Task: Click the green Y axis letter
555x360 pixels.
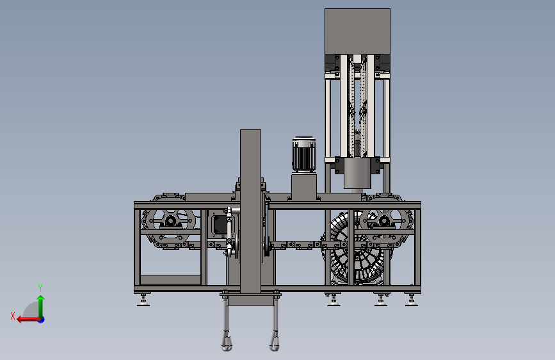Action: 40,288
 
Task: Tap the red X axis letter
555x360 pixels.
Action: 13,316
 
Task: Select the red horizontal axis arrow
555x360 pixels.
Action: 28,320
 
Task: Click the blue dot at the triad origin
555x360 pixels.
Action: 42,320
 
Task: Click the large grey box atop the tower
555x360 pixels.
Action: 357,31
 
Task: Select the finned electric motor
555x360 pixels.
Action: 303,155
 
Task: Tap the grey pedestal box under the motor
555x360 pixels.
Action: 303,187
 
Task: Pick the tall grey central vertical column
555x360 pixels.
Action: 250,211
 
